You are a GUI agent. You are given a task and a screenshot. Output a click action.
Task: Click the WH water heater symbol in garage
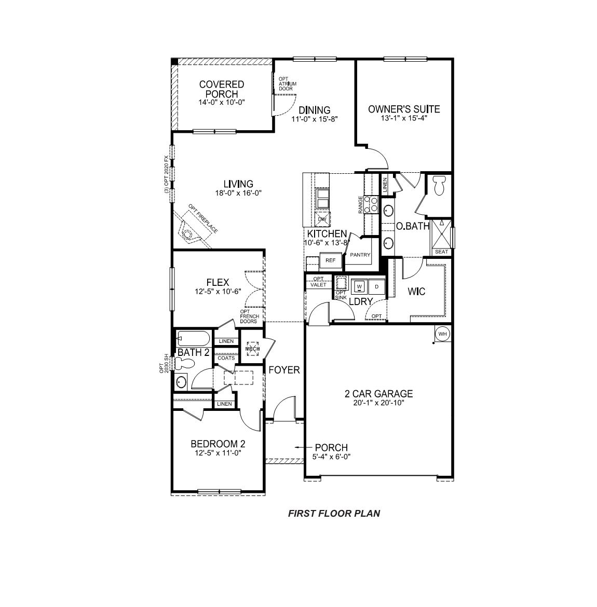pos(442,334)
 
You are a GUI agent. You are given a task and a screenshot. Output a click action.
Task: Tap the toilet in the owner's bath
pos(440,186)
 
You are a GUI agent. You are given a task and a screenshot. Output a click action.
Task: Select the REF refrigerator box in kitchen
pos(331,260)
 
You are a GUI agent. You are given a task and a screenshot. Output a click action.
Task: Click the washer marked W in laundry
pos(360,286)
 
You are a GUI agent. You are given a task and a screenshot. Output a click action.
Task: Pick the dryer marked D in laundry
pos(377,286)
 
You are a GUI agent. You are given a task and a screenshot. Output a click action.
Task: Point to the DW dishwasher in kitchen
pos(322,219)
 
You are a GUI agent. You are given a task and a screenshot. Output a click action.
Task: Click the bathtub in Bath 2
pos(193,339)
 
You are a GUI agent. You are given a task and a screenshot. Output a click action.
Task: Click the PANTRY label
pos(360,255)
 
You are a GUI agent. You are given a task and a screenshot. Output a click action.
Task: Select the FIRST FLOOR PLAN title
pos(334,514)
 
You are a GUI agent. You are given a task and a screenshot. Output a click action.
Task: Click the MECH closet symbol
pos(253,349)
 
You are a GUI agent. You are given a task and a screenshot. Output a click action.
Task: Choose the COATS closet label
pos(226,358)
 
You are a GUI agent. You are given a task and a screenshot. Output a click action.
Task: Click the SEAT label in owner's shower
pos(441,252)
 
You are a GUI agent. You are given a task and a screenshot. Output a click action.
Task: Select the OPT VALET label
pos(318,282)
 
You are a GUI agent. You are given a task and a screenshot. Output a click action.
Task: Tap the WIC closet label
pos(416,292)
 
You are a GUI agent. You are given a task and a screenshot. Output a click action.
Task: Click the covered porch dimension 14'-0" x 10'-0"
pos(221,102)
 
